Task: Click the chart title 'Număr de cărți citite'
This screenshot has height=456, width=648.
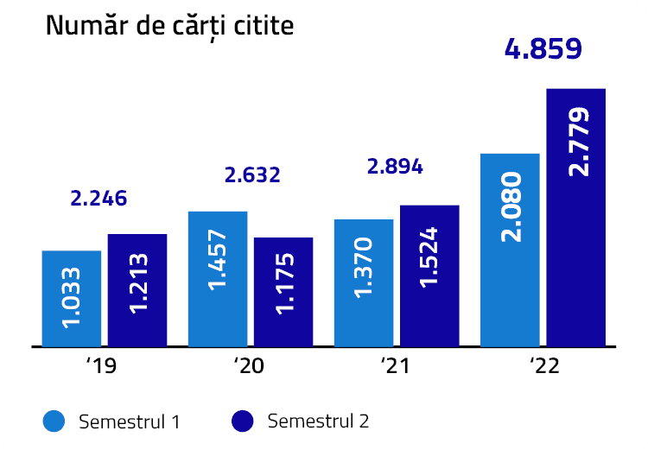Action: (x=169, y=26)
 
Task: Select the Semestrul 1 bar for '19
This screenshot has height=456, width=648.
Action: (x=72, y=298)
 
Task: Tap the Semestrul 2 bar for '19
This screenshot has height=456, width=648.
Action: (x=137, y=289)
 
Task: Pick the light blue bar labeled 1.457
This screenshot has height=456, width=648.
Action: (x=218, y=278)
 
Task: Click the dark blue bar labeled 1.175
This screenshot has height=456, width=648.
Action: (x=283, y=291)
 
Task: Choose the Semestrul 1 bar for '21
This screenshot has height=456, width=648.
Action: (x=364, y=282)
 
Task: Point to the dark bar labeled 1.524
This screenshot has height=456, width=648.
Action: (x=429, y=275)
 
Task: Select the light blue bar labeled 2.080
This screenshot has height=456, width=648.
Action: (x=510, y=250)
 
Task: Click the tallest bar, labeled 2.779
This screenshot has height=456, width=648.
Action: (x=576, y=217)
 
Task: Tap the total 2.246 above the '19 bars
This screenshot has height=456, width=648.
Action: (x=98, y=198)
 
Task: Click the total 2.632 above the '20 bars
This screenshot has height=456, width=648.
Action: (x=252, y=175)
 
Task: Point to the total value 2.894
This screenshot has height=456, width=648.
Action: (x=395, y=167)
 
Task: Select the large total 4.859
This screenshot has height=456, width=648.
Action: (x=543, y=48)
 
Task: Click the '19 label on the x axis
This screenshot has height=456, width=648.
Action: (x=102, y=367)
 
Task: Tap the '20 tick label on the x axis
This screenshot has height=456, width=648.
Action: (x=250, y=367)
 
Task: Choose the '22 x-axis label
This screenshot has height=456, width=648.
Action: (x=543, y=367)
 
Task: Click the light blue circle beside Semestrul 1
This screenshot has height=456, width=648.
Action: (x=54, y=421)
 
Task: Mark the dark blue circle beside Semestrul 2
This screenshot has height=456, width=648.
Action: (x=243, y=421)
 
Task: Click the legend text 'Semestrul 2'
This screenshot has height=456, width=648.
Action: (x=318, y=421)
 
